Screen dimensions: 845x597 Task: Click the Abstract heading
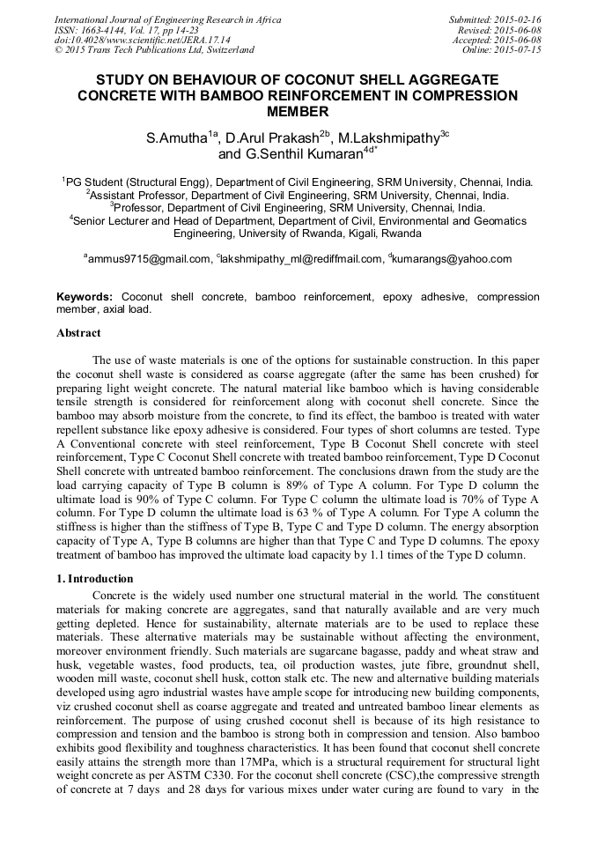click(78, 334)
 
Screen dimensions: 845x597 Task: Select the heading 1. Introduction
click(94, 579)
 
